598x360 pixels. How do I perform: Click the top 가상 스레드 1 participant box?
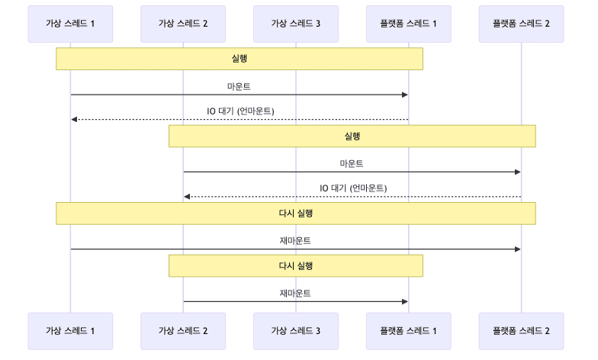[x=70, y=24]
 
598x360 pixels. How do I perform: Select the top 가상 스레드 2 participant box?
[x=183, y=24]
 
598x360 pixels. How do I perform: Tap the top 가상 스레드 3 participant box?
[x=296, y=24]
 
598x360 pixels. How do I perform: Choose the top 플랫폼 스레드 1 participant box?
[x=408, y=24]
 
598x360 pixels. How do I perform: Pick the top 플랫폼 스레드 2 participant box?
[x=521, y=24]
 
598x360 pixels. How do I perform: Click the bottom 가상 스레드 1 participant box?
[x=70, y=330]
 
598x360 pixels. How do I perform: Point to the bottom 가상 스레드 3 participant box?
[x=296, y=330]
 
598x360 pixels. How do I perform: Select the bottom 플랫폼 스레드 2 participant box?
[x=521, y=330]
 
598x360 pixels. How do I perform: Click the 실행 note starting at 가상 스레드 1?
[x=239, y=59]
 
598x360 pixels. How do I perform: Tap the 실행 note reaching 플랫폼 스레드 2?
[x=352, y=137]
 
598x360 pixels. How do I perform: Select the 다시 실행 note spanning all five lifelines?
[x=296, y=214]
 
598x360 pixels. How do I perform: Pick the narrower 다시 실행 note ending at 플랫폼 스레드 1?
[x=296, y=265]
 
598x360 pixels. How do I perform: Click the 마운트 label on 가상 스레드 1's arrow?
[x=239, y=85]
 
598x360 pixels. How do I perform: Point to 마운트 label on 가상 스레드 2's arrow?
[x=352, y=163]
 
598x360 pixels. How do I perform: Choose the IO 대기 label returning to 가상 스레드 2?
[x=352, y=188]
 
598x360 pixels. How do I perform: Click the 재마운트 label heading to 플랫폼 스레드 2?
[x=295, y=240]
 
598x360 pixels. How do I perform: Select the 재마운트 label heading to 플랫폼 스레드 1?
[x=295, y=292]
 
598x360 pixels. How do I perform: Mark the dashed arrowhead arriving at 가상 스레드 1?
[x=74, y=120]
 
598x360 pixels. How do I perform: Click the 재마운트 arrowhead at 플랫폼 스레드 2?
[x=517, y=249]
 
